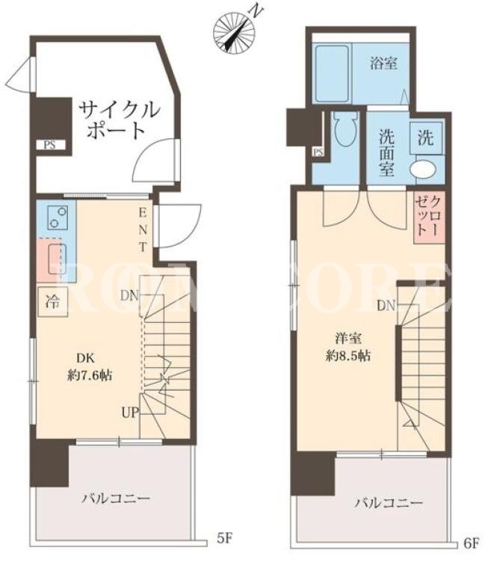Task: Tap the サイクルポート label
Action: pos(120,120)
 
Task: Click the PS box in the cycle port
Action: pos(50,145)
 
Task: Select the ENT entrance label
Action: pos(143,230)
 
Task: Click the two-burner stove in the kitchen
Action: pos(58,217)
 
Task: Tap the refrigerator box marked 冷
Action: pos(53,302)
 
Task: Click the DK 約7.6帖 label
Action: pos(90,367)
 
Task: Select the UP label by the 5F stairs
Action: pos(131,413)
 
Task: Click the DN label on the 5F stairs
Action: pos(129,295)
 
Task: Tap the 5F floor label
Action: pos(223,538)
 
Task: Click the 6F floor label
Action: pos(471,543)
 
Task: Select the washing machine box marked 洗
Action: pos(426,138)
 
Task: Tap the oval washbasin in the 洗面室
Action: pos(423,169)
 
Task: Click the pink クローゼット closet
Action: pos(430,217)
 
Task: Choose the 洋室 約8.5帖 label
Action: pos(348,347)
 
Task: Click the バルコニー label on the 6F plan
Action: pos(389,503)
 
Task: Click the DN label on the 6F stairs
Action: pos(386,306)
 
